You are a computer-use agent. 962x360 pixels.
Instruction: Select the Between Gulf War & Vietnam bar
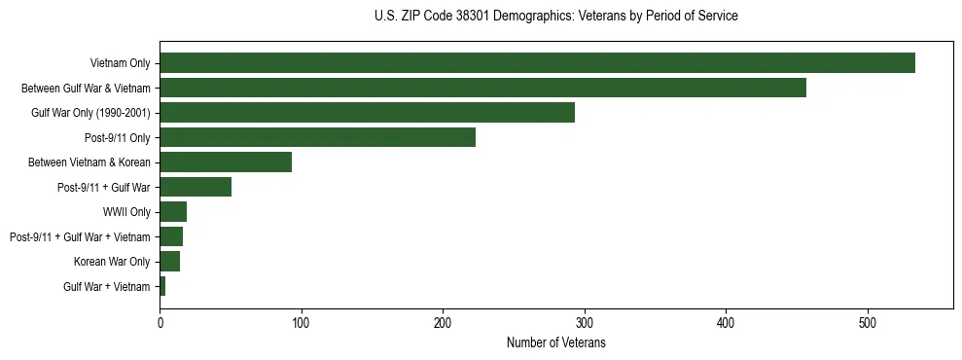[482, 88]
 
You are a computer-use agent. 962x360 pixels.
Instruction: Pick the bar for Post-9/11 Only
[317, 137]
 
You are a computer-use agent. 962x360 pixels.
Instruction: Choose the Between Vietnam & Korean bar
[226, 162]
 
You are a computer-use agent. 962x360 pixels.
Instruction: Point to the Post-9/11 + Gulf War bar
[196, 187]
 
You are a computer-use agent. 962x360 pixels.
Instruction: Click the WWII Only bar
[173, 212]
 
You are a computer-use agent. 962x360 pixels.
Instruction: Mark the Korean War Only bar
[170, 261]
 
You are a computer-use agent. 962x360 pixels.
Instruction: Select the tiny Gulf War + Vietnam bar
[162, 286]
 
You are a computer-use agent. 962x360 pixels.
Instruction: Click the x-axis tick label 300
[585, 322]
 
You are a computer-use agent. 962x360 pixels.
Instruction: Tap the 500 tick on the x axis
[868, 322]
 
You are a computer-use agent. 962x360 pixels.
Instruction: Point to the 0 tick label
[160, 322]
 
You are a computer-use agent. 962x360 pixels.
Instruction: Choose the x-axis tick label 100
[302, 322]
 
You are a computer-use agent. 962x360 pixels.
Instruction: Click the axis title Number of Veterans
[556, 342]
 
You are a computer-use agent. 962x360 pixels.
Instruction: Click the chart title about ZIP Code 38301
[556, 17]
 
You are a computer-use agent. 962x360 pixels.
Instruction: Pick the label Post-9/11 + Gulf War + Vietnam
[80, 236]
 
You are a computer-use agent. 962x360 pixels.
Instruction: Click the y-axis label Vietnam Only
[120, 63]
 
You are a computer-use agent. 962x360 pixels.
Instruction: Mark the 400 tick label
[726, 322]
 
